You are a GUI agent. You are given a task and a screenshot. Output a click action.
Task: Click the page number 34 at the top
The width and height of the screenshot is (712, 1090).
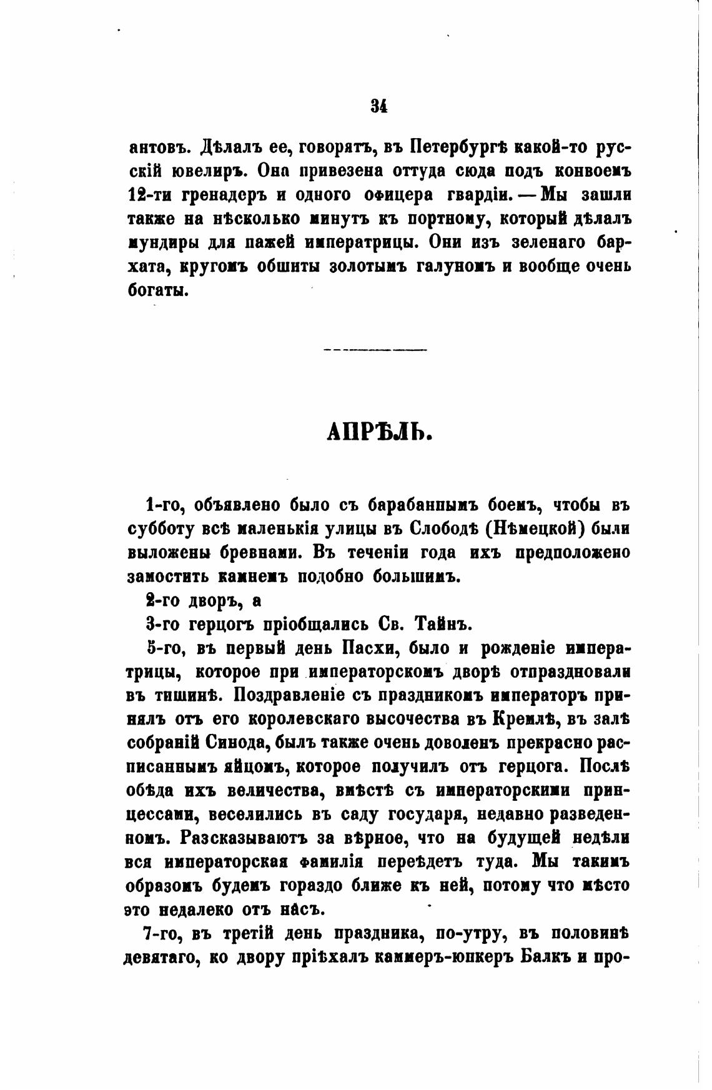pyautogui.click(x=379, y=106)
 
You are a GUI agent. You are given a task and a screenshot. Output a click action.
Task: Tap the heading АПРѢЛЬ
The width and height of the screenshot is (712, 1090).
pyautogui.click(x=379, y=433)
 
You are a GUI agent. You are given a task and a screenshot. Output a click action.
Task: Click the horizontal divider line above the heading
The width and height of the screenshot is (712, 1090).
pyautogui.click(x=376, y=349)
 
